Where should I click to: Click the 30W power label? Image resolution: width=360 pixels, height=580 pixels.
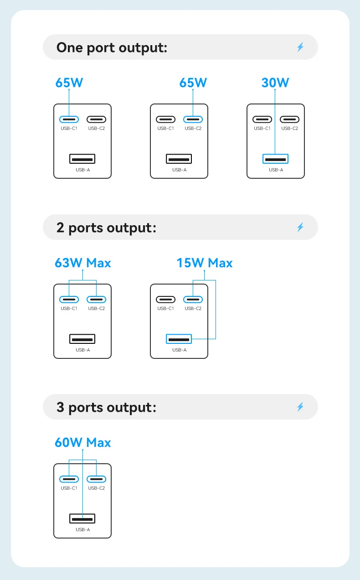coord(275,83)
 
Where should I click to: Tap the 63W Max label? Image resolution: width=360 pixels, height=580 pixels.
coord(82,263)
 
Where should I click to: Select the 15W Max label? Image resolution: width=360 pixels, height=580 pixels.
coord(205,263)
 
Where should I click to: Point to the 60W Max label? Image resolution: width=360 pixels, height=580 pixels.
coord(82,442)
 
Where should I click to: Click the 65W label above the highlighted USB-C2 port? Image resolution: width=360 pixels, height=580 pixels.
coord(193,83)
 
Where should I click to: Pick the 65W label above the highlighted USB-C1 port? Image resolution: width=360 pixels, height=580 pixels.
coord(69,83)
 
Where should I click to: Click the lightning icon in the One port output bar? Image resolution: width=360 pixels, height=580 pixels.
coord(300,47)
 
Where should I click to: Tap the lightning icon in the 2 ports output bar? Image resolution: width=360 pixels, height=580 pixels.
coord(300,227)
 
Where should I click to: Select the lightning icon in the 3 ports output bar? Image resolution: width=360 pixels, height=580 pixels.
coord(300,407)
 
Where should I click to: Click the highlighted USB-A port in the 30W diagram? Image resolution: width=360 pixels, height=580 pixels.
coord(275,159)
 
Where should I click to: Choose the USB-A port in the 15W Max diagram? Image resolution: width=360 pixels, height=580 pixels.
coord(179,339)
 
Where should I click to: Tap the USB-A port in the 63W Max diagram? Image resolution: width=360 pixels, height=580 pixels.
coord(82,339)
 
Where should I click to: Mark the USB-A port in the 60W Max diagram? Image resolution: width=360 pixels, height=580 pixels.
coord(82,518)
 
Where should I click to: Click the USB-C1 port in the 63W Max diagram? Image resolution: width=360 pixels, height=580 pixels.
coord(69,300)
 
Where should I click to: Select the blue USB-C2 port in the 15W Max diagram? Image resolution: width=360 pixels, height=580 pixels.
coord(193,300)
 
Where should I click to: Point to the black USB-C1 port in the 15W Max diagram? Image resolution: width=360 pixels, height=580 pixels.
coord(165,300)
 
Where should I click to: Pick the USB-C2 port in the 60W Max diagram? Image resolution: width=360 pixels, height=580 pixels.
coord(96,479)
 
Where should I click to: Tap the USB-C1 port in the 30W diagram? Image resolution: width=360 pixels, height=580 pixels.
coord(262,119)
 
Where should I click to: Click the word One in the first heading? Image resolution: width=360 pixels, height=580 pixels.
coord(70,47)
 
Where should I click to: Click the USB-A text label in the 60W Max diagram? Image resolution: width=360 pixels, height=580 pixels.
coord(82,529)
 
